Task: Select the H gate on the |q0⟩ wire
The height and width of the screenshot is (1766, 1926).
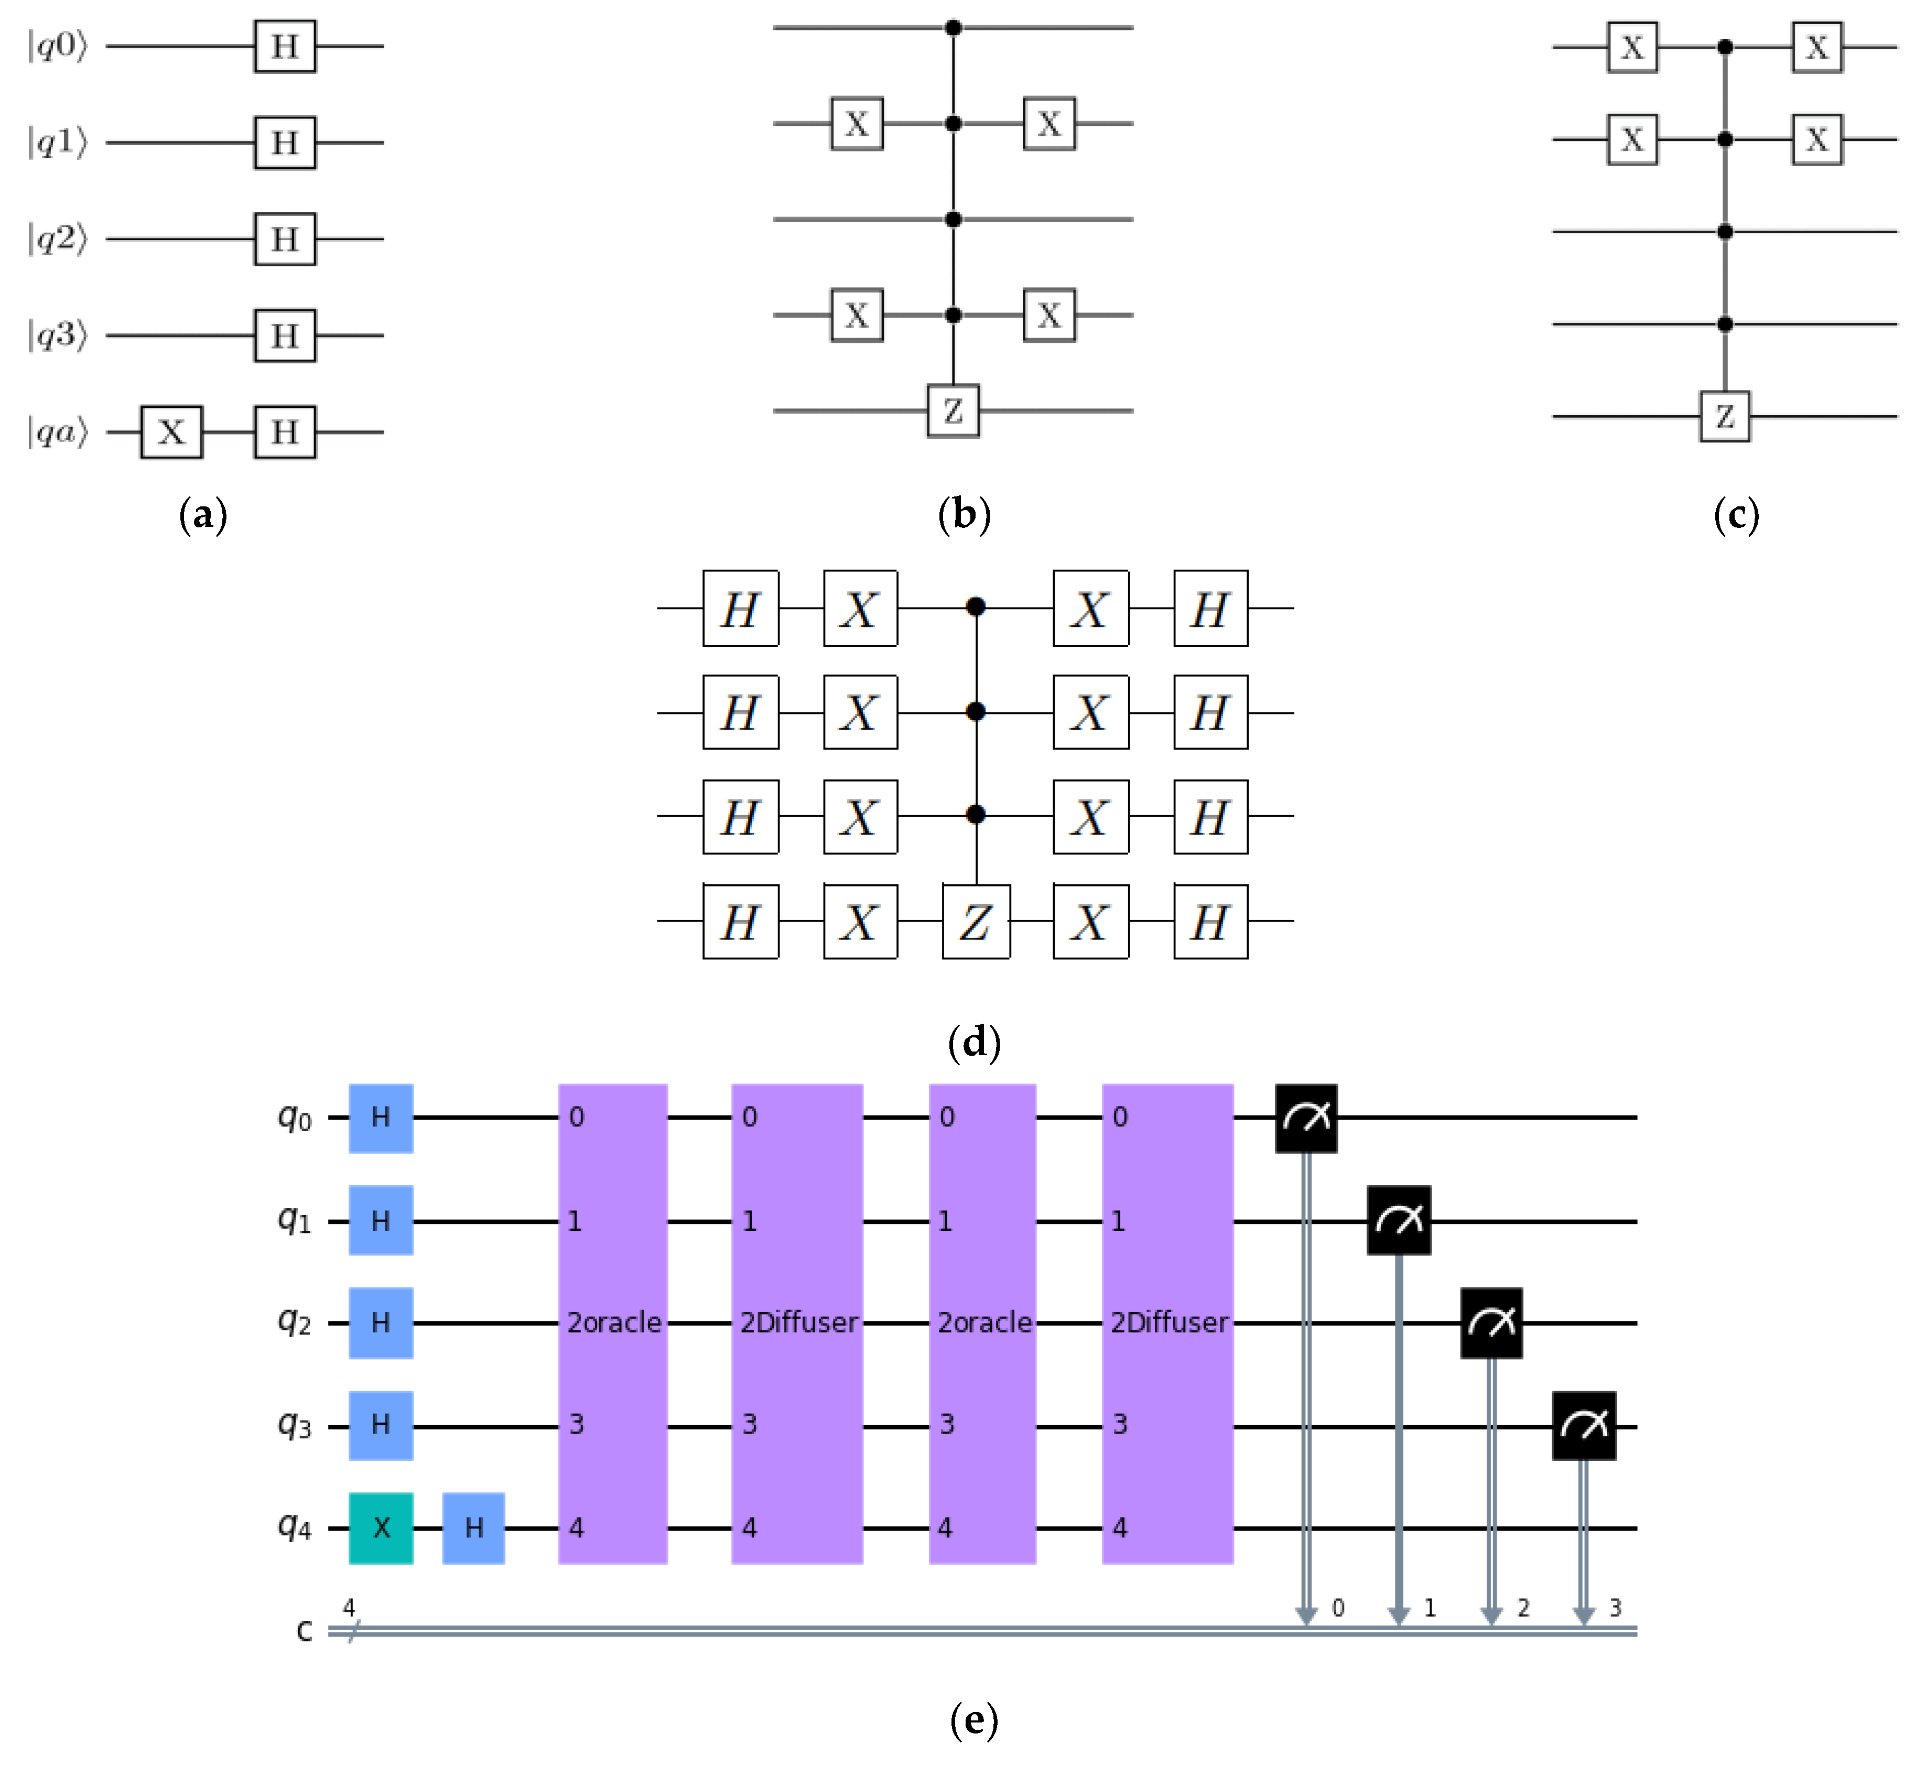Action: pyautogui.click(x=285, y=46)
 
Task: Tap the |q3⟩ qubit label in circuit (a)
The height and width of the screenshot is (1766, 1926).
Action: pyautogui.click(x=57, y=335)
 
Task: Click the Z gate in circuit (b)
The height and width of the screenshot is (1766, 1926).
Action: pyautogui.click(x=953, y=411)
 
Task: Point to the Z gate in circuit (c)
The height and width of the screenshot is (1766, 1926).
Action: pyautogui.click(x=1724, y=417)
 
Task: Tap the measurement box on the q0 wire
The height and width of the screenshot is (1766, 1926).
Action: pyautogui.click(x=1306, y=1118)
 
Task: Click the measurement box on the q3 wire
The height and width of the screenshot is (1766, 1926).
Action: pyautogui.click(x=1584, y=1426)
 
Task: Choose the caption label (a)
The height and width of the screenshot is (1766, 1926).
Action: pyautogui.click(x=203, y=515)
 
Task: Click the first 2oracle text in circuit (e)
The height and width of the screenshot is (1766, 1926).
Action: pyautogui.click(x=614, y=1323)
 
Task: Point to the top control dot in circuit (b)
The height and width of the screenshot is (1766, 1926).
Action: pyautogui.click(x=953, y=28)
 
